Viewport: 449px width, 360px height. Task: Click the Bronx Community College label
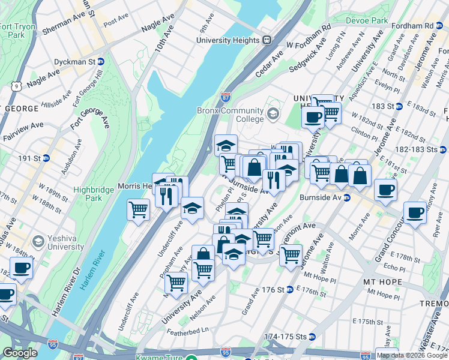pos(230,115)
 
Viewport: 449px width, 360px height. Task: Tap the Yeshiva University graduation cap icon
pos(38,241)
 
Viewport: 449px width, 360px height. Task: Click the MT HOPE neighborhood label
pos(386,281)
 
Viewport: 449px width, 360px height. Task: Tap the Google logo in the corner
pos(20,353)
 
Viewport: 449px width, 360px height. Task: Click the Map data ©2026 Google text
pos(412,355)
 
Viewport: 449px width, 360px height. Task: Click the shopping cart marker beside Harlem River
pos(138,209)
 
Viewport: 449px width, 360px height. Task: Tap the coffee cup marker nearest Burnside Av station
pos(385,190)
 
